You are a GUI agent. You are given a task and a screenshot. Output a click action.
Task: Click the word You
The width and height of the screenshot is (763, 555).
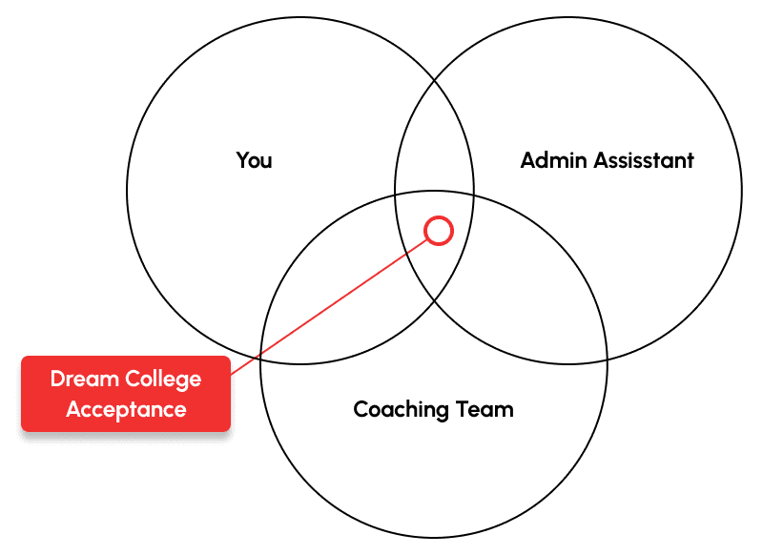pos(254,160)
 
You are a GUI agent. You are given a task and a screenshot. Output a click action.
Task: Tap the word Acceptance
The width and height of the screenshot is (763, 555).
pos(126,409)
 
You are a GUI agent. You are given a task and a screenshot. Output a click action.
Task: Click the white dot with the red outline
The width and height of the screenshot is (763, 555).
pos(439,230)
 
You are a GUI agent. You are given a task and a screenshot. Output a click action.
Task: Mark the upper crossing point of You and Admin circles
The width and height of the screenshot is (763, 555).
pos(435,82)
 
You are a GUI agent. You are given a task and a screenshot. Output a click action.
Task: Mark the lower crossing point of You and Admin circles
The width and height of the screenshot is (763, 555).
pos(435,299)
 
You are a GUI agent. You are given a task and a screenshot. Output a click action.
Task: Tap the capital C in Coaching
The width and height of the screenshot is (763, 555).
pos(361,410)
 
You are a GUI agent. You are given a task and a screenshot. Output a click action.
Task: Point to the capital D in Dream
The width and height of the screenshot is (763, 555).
pos(57,379)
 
